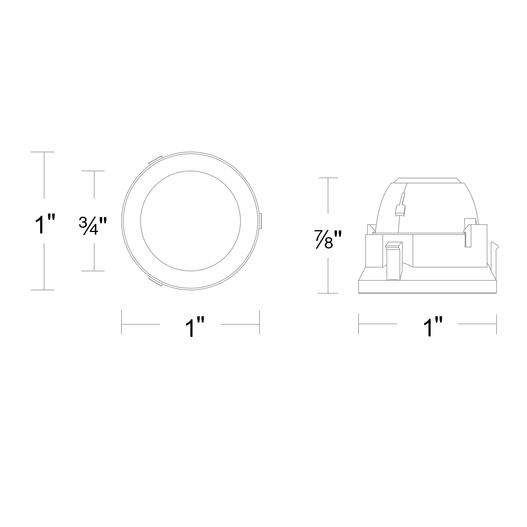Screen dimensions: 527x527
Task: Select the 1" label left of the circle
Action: (x=45, y=224)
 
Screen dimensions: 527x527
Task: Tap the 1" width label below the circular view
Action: (x=194, y=327)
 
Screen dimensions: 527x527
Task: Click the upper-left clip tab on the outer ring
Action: (x=155, y=160)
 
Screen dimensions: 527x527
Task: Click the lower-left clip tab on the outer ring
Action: (x=155, y=282)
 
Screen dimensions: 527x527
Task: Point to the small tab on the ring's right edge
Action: (x=260, y=221)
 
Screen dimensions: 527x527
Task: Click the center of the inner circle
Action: (x=190, y=221)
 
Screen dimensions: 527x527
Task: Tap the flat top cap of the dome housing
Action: (x=427, y=180)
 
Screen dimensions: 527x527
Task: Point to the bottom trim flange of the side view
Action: (x=427, y=287)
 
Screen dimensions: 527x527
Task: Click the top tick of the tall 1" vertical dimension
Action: (x=43, y=152)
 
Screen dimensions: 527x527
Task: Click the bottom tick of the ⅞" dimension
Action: (x=328, y=293)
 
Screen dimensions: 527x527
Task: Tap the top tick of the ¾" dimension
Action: (x=93, y=171)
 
